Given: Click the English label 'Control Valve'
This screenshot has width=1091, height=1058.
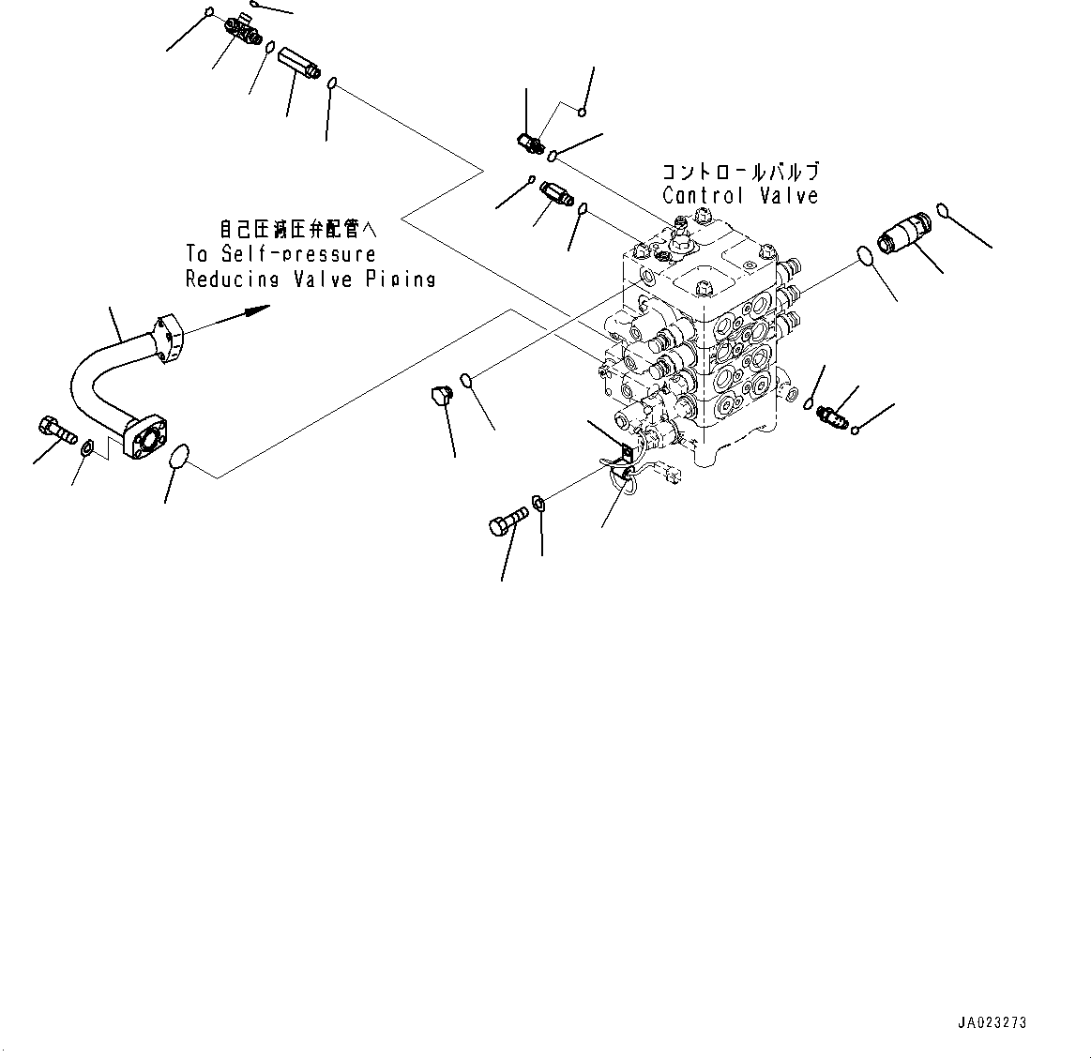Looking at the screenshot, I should coord(739,196).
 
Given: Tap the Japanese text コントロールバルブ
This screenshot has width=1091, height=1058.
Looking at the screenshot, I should coord(740,172).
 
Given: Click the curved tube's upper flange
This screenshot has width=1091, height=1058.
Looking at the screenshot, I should coord(168,337).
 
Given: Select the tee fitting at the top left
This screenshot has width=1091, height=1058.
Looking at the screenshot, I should coord(240,32).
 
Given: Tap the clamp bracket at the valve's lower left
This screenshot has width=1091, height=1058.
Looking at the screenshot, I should coord(621,456).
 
